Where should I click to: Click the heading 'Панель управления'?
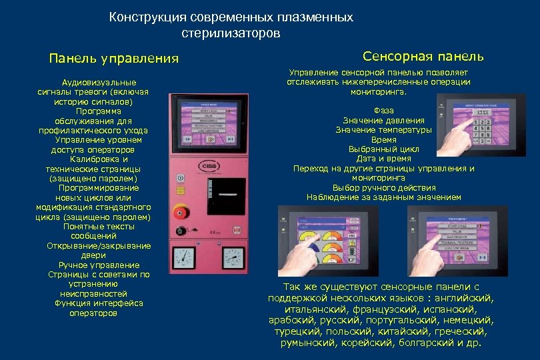[114, 59]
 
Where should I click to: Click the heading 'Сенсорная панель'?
[423, 57]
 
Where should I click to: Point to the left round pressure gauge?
[182, 257]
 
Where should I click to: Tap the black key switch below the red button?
[178, 231]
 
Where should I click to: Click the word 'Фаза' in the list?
[384, 111]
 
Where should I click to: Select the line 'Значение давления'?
[383, 120]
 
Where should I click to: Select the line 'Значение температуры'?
[383, 129]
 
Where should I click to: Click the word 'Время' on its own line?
[384, 139]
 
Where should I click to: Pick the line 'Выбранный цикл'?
[383, 149]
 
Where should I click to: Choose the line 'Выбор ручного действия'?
[383, 187]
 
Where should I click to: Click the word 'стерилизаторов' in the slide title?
[231, 32]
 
